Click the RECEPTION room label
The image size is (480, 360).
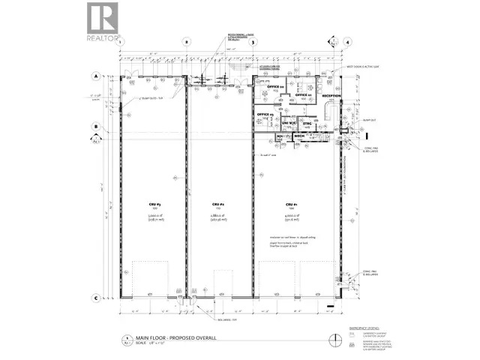click(331, 97)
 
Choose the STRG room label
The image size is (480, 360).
click(307, 123)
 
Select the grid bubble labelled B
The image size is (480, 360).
click(96, 127)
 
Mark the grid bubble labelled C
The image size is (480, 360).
click(96, 298)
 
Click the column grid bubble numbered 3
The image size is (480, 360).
click(253, 43)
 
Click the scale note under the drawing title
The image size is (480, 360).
click(144, 344)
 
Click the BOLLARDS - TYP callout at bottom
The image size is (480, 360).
click(207, 318)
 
